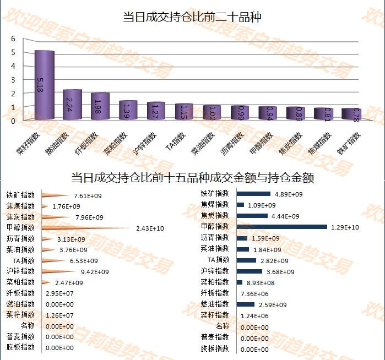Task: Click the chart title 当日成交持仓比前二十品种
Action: [192, 17]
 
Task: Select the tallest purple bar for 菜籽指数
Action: [44, 85]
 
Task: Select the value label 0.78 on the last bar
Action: [356, 114]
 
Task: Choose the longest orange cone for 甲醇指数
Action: [83, 227]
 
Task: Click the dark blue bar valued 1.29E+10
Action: [282, 227]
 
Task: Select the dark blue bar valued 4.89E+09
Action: [253, 194]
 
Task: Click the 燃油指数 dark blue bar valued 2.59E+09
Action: [246, 304]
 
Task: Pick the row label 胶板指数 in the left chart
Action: [20, 347]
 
